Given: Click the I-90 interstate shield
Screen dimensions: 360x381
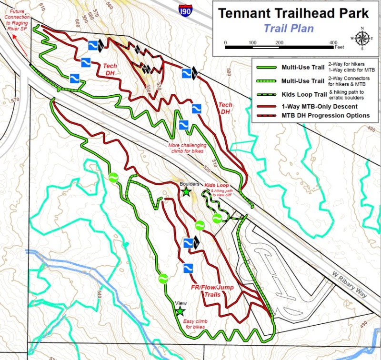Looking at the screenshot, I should coord(185,9).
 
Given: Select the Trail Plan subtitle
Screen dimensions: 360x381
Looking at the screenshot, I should coord(289,28).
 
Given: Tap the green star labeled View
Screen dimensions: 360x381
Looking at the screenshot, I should coord(180,311).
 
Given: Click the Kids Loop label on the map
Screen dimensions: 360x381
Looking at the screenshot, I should coord(217,185).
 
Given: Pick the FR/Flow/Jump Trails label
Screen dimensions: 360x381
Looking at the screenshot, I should coord(206,291).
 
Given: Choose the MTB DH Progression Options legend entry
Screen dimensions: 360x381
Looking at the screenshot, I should coord(325,115).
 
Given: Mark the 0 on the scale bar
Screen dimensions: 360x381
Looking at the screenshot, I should coord(225,43).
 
